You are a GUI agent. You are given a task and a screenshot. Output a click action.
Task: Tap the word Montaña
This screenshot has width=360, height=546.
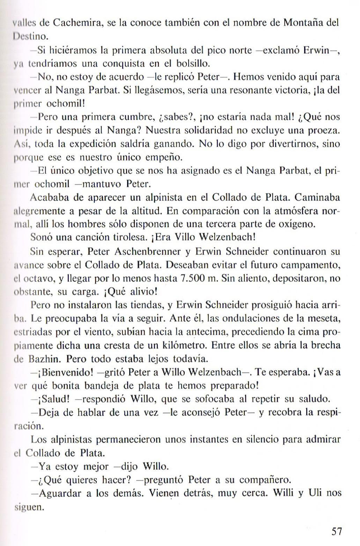pyautogui.click(x=303, y=23)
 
